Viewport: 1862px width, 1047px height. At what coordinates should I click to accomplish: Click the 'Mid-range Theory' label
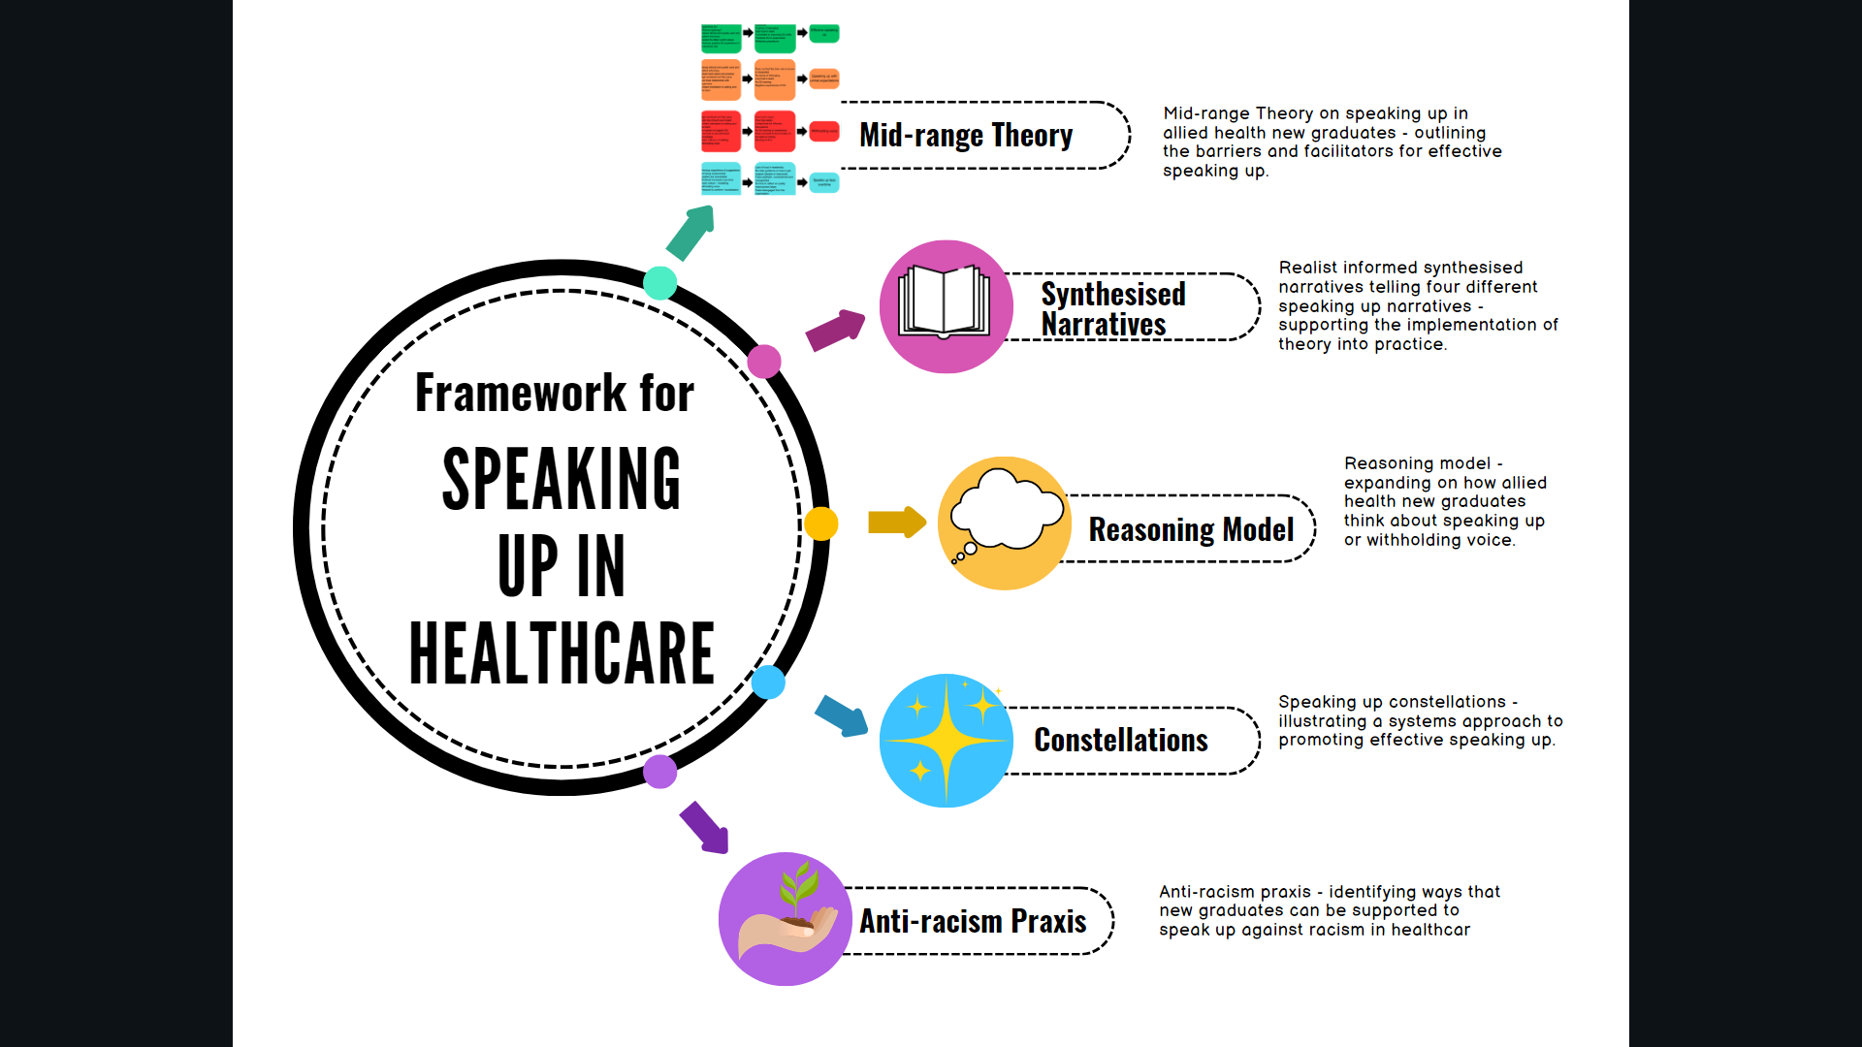click(965, 136)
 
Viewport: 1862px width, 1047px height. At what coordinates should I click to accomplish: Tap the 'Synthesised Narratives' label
click(1112, 308)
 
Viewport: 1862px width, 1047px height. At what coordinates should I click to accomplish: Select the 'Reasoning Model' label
click(1191, 529)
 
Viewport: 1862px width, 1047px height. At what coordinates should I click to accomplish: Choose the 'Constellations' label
click(1120, 741)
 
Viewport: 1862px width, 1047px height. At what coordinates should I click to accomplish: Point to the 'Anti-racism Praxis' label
click(972, 921)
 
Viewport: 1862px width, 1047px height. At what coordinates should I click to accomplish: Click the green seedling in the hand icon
click(798, 890)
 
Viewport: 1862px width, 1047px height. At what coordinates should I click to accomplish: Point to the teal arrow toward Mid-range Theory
click(691, 233)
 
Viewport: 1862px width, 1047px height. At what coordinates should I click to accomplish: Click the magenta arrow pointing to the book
click(835, 330)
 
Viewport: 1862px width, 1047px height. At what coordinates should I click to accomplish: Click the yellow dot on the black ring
click(820, 523)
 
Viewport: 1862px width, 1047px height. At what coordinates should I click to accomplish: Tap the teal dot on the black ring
click(660, 283)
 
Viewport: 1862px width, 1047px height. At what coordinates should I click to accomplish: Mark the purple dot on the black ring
click(660, 772)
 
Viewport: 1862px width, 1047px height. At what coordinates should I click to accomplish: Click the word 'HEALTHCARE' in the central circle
click(562, 653)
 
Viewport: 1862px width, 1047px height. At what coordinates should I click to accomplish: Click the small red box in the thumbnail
click(824, 131)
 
